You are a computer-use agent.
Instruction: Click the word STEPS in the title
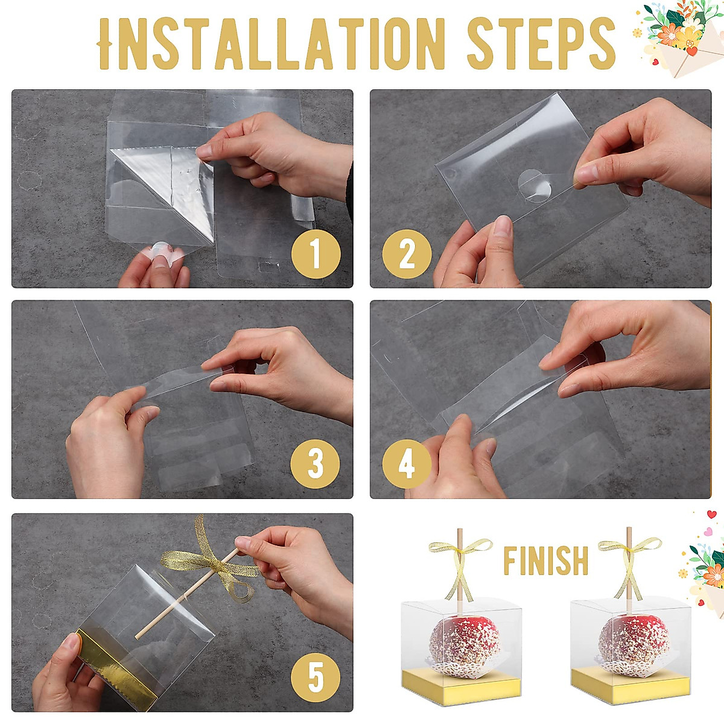pos(541,43)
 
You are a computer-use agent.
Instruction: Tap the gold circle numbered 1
pos(316,253)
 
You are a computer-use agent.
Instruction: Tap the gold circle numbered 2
pos(407,253)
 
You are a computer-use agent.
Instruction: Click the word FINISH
pos(545,561)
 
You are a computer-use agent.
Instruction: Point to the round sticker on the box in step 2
pos(535,186)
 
